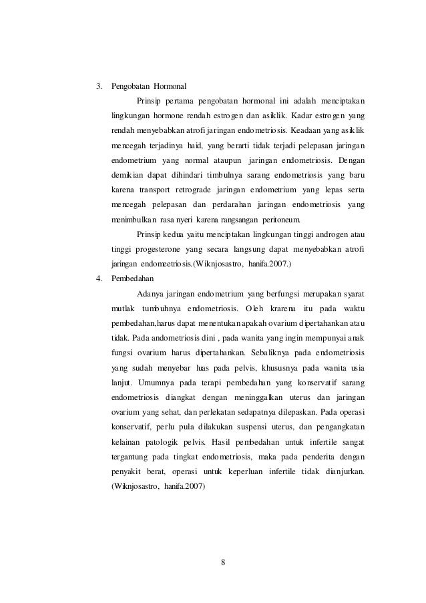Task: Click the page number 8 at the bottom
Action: point(223,561)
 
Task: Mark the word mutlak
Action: point(123,309)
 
